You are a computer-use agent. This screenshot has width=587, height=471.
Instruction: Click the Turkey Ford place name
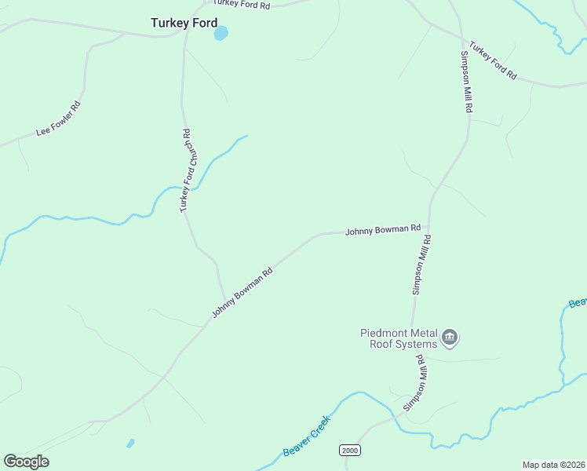pyautogui.click(x=184, y=24)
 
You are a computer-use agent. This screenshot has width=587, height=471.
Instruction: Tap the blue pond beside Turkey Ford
pyautogui.click(x=221, y=33)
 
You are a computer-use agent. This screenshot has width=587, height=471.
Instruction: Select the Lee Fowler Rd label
pyautogui.click(x=59, y=119)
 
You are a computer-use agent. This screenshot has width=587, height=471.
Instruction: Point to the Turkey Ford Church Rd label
pyautogui.click(x=185, y=170)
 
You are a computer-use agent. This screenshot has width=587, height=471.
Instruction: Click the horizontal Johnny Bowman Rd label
pyautogui.click(x=383, y=230)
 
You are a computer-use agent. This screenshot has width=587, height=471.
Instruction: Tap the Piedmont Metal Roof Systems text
pyautogui.click(x=398, y=338)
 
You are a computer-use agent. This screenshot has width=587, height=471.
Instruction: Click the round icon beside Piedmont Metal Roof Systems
pyautogui.click(x=450, y=338)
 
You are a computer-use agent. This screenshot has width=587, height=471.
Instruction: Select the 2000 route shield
pyautogui.click(x=349, y=450)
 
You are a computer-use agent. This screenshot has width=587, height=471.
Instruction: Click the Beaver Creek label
pyautogui.click(x=308, y=436)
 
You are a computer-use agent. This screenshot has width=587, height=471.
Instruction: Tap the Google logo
pyautogui.click(x=27, y=462)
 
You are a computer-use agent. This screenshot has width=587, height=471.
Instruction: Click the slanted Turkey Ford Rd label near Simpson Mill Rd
pyautogui.click(x=493, y=60)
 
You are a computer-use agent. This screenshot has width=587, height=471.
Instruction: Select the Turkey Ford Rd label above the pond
pyautogui.click(x=242, y=5)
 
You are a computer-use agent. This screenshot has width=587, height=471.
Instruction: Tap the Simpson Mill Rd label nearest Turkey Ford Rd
pyautogui.click(x=465, y=83)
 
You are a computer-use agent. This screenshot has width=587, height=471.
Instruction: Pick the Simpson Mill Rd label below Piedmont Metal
pyautogui.click(x=415, y=383)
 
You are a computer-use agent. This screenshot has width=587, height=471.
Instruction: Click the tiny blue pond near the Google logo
pyautogui.click(x=130, y=444)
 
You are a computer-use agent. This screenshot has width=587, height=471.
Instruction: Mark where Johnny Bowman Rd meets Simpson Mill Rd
pyautogui.click(x=429, y=230)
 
